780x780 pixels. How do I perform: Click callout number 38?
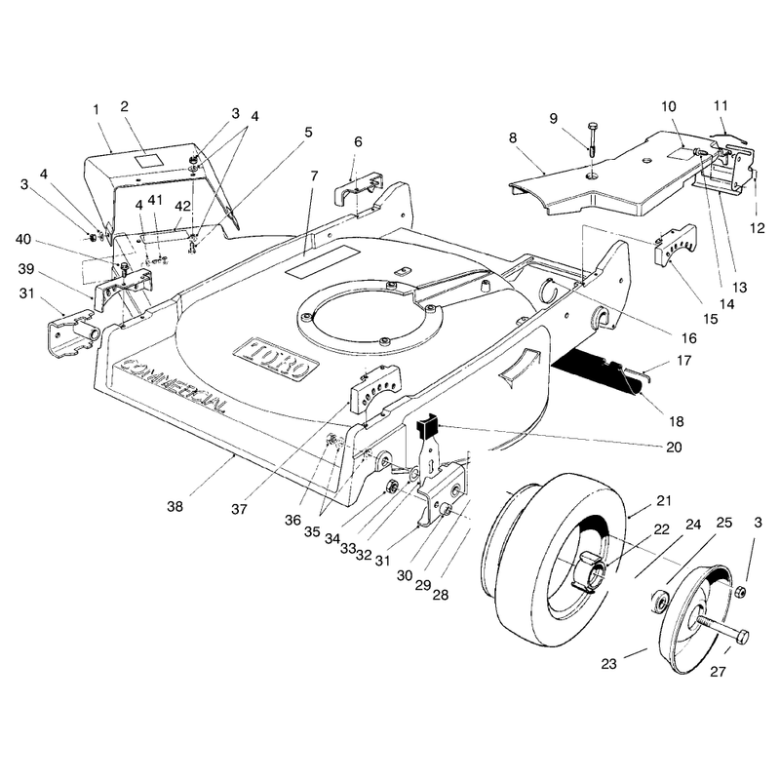click(x=175, y=506)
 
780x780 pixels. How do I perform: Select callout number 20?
click(x=674, y=448)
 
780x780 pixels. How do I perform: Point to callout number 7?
click(x=314, y=176)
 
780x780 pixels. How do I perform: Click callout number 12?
click(x=758, y=228)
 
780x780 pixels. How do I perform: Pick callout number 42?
click(x=182, y=206)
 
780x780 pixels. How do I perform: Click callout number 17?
click(x=684, y=360)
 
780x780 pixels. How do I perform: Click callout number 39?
click(x=26, y=269)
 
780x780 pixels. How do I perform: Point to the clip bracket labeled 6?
click(x=360, y=188)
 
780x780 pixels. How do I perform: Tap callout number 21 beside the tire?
click(x=664, y=500)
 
